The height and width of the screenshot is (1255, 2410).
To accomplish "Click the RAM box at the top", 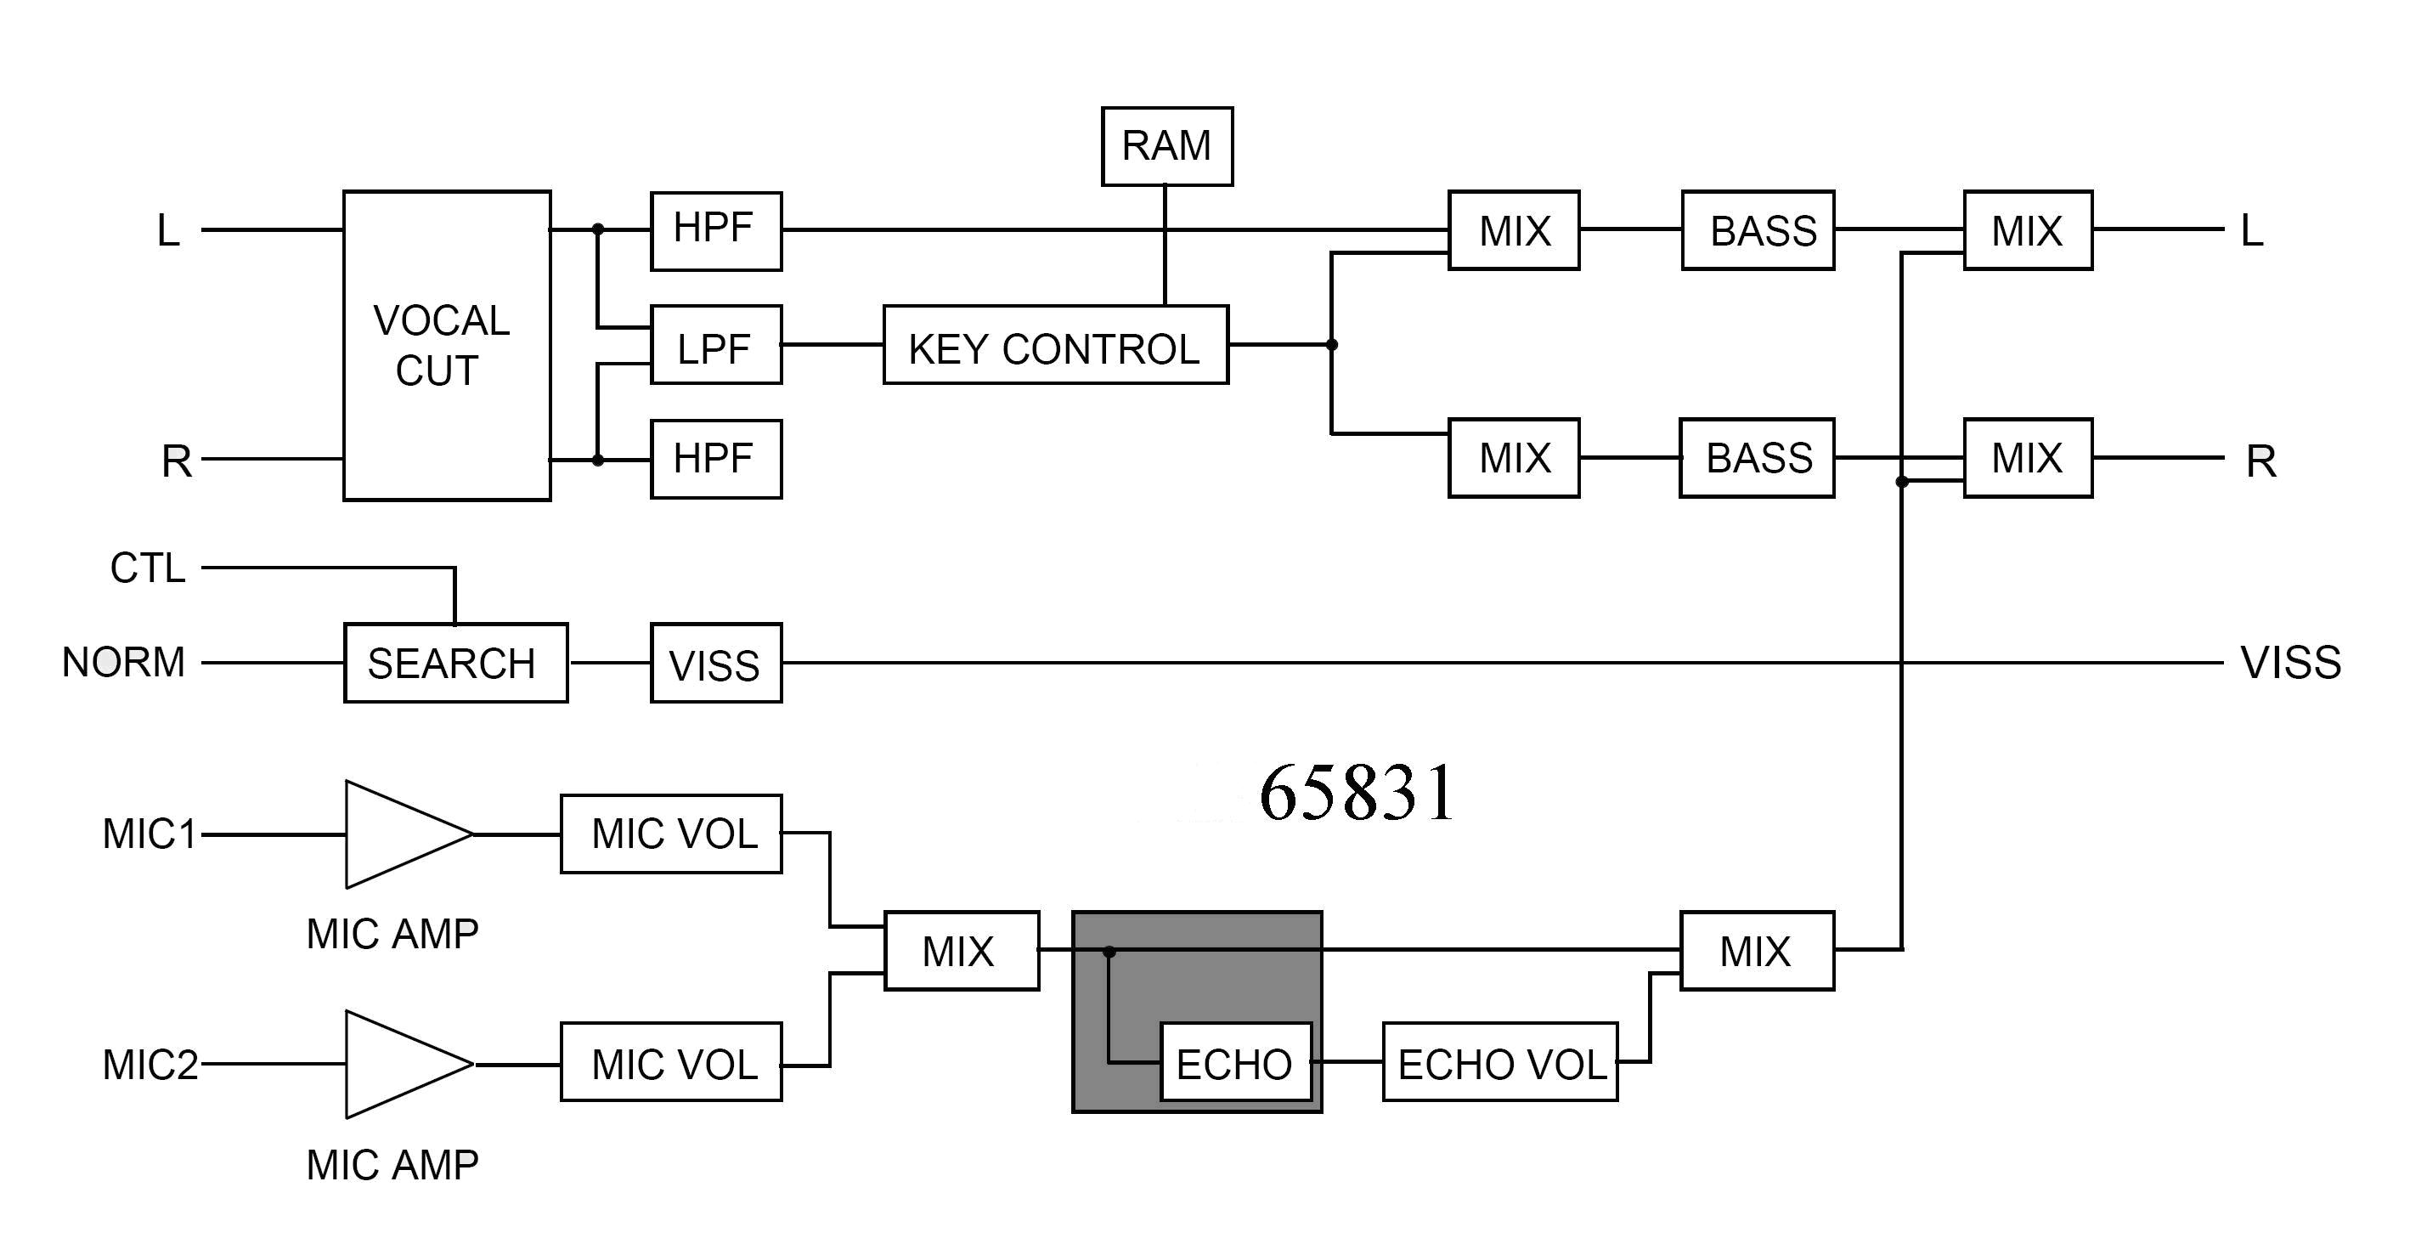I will (x=1166, y=146).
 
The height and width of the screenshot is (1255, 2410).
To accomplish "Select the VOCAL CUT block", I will (x=446, y=345).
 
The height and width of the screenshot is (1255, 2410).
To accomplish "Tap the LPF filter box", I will (x=716, y=344).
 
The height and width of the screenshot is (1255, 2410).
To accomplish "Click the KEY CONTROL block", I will (x=1055, y=344).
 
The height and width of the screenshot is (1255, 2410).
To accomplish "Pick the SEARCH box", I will (x=455, y=663).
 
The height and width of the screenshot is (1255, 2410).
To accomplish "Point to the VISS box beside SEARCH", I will (x=716, y=663).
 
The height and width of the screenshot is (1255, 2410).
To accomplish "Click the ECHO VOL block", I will (x=1499, y=1062).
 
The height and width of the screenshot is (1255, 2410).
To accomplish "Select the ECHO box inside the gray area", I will (x=1235, y=1062).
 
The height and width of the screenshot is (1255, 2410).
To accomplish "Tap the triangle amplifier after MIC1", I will (x=403, y=834).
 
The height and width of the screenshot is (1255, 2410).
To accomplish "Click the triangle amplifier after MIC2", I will (x=403, y=1064).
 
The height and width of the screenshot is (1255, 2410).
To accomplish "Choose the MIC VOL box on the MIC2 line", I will (x=671, y=1062).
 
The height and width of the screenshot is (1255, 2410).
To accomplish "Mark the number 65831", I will (x=1357, y=793).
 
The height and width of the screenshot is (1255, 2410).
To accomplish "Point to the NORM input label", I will (x=123, y=663).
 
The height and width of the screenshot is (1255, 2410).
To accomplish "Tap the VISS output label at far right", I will (x=2290, y=663).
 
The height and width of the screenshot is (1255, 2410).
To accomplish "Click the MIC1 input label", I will (x=150, y=834).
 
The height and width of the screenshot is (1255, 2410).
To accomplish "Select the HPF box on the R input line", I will (x=716, y=459).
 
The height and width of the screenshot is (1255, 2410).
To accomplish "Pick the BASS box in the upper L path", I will (x=1758, y=230).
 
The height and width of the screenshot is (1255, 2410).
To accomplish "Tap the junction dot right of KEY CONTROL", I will (x=1332, y=344).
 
